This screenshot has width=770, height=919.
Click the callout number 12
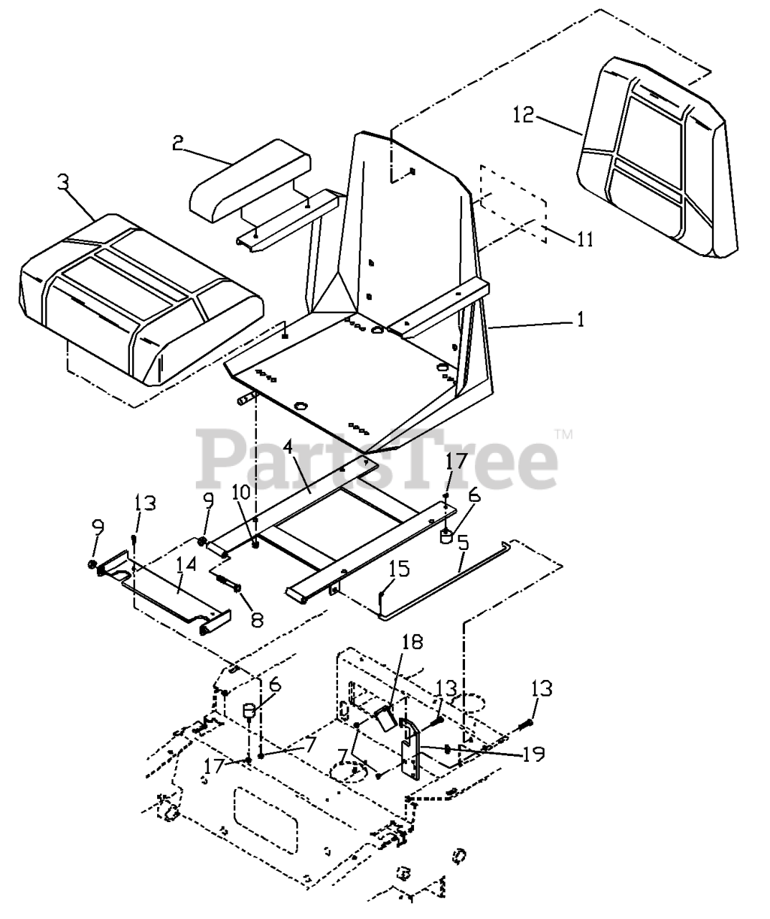[x=523, y=114]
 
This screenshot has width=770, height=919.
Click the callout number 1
[x=580, y=319]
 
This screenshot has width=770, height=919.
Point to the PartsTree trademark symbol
[x=564, y=434]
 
